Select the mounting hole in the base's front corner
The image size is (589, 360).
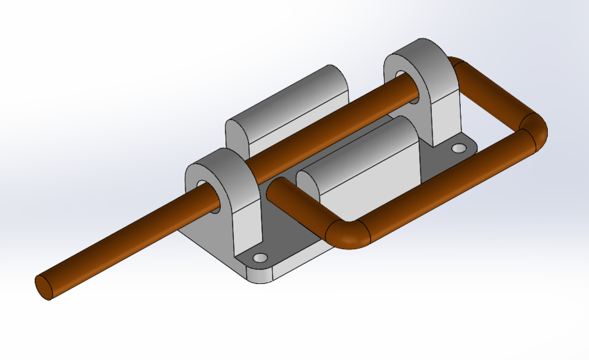(x=261, y=257)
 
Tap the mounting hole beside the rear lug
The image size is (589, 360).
(x=459, y=148)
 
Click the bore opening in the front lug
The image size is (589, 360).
(x=201, y=185)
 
